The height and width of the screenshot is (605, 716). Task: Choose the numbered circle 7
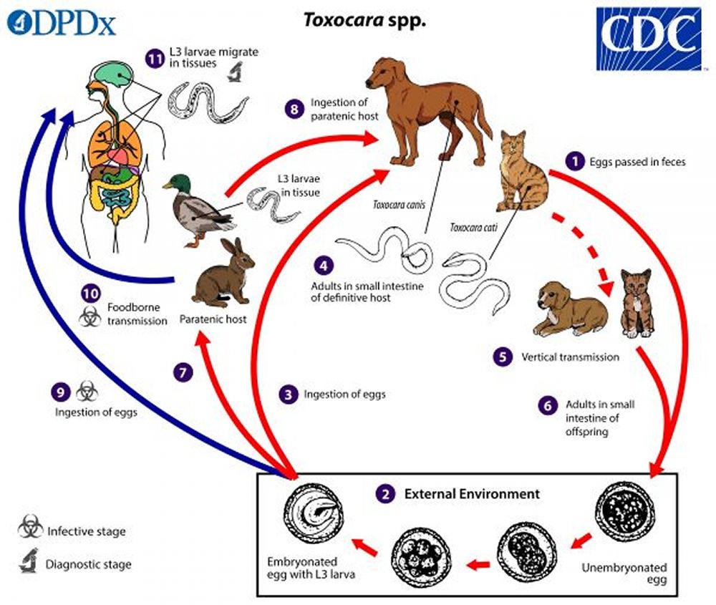tap(183, 372)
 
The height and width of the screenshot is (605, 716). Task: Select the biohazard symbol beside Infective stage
tap(30, 531)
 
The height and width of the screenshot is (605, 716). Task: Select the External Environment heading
tap(472, 494)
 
